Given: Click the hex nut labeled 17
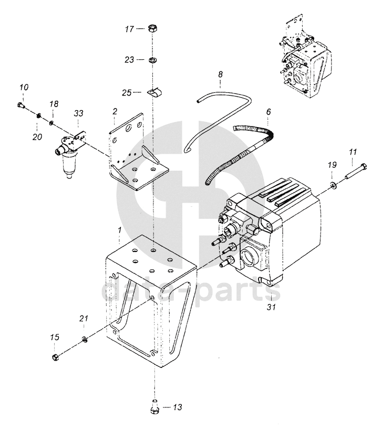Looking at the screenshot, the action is point(152,28).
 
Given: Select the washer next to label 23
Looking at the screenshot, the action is point(152,59).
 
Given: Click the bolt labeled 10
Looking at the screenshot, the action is point(21,104).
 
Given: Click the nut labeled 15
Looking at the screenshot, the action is point(55,358).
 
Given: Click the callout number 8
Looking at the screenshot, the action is point(220,74).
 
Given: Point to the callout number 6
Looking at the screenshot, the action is point(269,112).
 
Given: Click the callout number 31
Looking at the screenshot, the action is point(271,307).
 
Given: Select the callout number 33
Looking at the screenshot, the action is point(78,113).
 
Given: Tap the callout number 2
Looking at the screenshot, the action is point(115,111).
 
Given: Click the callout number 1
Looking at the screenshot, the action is point(119,230).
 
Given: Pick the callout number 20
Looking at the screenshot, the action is point(37,136).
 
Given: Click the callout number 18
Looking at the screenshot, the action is point(54,104).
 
